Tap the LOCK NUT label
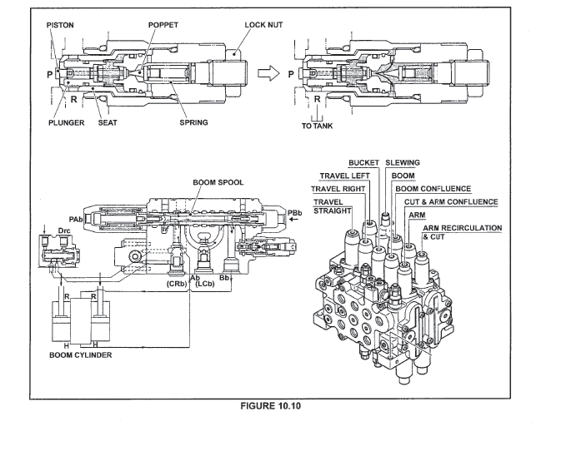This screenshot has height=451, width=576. point(264,25)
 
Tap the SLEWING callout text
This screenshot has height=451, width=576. point(404,162)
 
